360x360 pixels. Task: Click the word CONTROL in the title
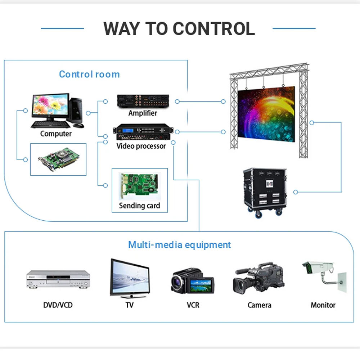[213, 29]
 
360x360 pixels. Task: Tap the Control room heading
[89, 74]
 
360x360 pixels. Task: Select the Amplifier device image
[143, 101]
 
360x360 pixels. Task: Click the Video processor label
[141, 146]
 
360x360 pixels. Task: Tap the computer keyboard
[50, 125]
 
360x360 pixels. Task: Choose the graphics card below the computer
[59, 159]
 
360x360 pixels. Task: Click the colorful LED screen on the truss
[266, 114]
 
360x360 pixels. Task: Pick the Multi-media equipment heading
[179, 245]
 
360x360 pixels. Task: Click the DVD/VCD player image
[58, 279]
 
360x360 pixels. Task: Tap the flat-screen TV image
[130, 278]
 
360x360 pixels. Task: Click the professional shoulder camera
[258, 278]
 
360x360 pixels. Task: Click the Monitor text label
[323, 305]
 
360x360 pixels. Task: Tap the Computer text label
[56, 134]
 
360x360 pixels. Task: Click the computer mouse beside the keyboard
[78, 125]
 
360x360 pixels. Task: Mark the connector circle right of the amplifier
[177, 102]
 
